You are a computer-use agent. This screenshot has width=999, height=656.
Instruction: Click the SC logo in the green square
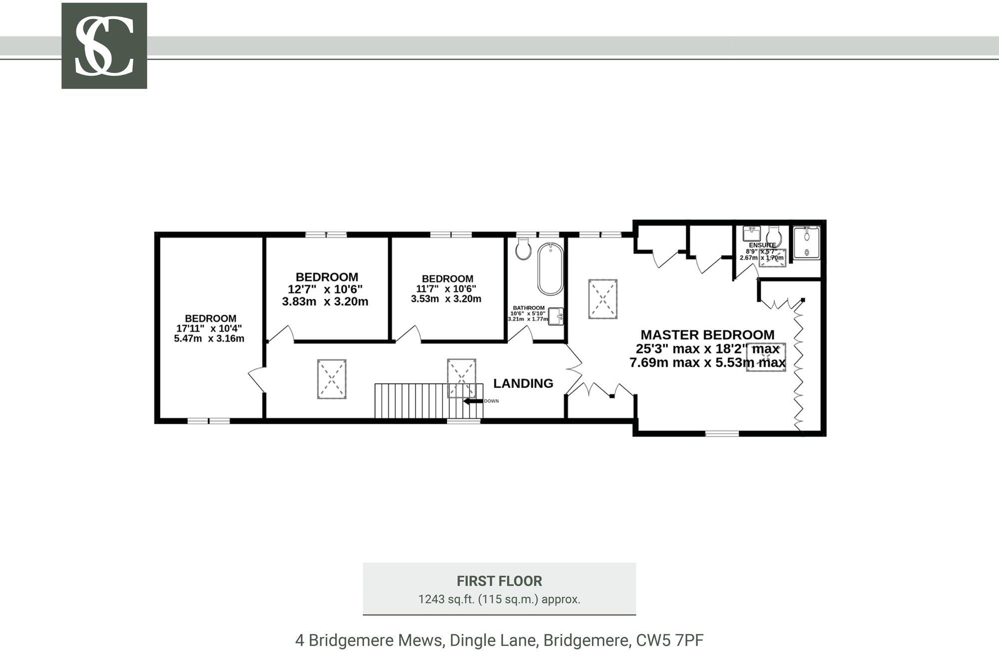(x=104, y=45)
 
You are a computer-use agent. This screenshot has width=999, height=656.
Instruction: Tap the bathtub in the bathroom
(x=550, y=269)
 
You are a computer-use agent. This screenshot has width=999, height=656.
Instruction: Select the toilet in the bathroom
(x=523, y=249)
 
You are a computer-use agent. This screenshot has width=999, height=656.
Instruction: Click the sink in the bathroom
(x=555, y=316)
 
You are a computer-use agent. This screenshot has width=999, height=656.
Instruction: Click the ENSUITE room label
(x=762, y=245)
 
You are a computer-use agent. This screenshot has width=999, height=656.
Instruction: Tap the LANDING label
(x=523, y=383)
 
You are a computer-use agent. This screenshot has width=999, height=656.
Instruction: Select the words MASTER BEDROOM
(x=707, y=334)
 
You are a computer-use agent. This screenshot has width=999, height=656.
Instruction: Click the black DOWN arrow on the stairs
(x=473, y=401)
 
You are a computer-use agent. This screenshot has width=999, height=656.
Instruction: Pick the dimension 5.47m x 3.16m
(x=209, y=338)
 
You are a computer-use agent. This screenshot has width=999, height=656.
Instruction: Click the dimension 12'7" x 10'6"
(x=325, y=289)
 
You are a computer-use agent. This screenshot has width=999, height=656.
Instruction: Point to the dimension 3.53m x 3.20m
(x=446, y=299)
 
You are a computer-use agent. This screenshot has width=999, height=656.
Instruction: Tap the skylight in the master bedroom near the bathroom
(x=603, y=299)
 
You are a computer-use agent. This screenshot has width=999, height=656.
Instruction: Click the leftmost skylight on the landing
(x=332, y=379)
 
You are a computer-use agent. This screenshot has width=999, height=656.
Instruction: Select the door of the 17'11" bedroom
(x=256, y=380)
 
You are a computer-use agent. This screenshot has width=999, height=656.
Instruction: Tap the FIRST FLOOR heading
(x=499, y=581)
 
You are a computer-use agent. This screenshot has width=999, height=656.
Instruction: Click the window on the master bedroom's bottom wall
(x=722, y=433)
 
